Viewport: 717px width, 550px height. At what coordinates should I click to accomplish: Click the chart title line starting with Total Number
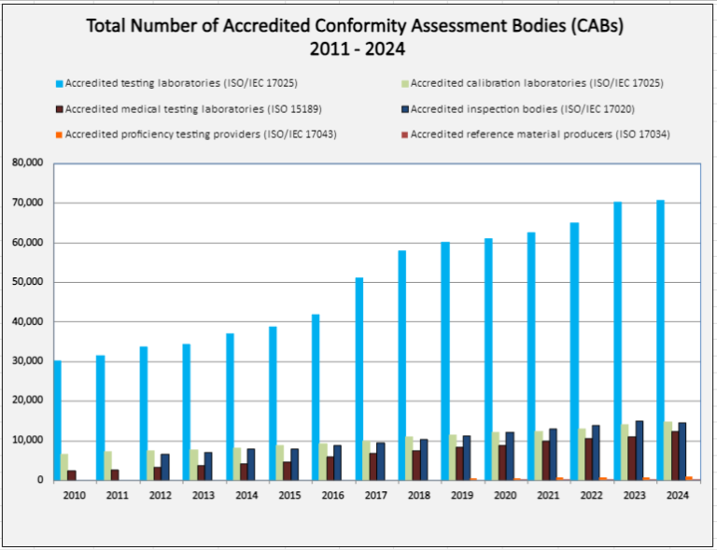point(355,25)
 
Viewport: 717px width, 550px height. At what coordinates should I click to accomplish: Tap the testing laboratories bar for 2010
point(58,420)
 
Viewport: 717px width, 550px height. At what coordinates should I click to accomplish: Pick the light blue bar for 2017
point(358,378)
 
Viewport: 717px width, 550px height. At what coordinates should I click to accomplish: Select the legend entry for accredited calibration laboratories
point(536,84)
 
